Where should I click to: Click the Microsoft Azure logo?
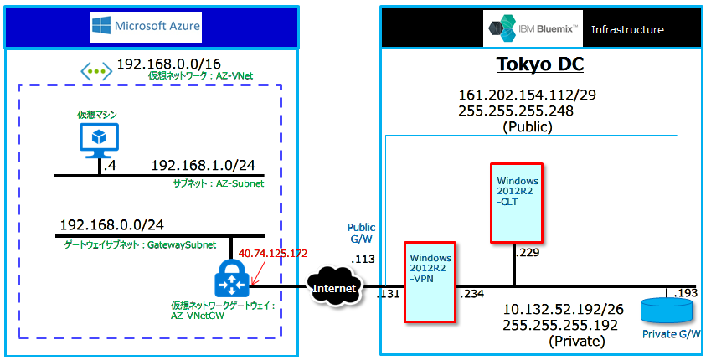(x=147, y=27)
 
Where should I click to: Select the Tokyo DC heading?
(x=540, y=65)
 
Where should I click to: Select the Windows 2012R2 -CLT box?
(x=517, y=201)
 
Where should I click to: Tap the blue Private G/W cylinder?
(x=667, y=310)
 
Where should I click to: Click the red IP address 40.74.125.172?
(x=274, y=252)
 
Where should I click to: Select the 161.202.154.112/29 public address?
(x=527, y=95)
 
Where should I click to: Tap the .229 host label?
(x=526, y=252)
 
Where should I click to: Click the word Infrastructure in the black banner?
(x=627, y=29)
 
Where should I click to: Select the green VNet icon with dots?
(x=95, y=71)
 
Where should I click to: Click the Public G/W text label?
(x=362, y=234)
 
